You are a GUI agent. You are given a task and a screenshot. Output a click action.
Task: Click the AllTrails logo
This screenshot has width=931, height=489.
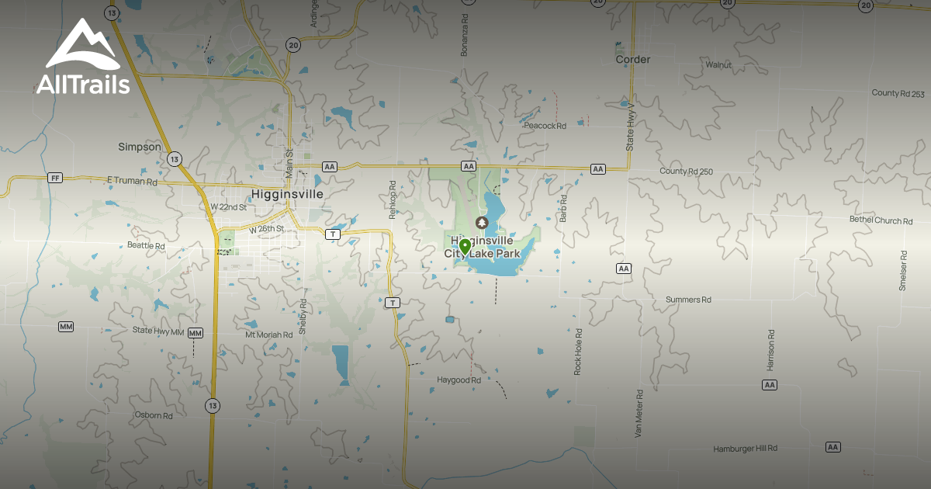click(82, 57)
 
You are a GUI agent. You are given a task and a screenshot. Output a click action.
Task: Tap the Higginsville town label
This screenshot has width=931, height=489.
click(286, 193)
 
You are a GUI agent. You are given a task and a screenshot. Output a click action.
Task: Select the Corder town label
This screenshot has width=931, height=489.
click(632, 59)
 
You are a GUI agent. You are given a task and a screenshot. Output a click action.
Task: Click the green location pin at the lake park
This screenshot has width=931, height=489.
click(465, 248)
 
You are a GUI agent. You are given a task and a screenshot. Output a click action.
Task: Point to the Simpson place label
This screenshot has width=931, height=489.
click(140, 147)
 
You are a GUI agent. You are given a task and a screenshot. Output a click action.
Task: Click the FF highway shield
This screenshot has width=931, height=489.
click(54, 178)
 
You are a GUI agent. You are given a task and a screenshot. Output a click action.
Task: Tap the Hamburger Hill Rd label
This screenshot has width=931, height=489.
click(745, 449)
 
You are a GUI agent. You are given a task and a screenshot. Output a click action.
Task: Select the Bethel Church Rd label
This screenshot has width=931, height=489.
click(881, 220)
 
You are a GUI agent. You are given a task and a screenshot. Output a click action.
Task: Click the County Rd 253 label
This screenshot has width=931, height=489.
click(898, 93)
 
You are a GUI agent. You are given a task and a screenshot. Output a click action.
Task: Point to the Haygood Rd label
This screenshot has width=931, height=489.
click(459, 380)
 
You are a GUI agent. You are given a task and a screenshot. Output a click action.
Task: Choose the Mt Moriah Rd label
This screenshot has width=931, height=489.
click(268, 335)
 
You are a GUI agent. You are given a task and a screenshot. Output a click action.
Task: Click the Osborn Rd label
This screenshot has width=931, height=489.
click(154, 415)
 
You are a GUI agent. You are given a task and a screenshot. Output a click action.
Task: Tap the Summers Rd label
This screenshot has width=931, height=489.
click(688, 300)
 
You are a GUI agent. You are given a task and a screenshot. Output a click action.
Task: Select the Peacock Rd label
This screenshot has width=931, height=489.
click(545, 125)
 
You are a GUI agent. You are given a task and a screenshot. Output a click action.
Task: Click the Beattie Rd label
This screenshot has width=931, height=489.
click(146, 246)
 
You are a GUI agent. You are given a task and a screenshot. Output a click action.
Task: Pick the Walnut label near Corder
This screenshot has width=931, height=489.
click(718, 64)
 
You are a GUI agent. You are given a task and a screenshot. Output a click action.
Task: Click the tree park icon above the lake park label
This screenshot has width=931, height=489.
click(482, 223)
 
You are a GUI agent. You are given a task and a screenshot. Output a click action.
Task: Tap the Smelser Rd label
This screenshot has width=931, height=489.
click(903, 270)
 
